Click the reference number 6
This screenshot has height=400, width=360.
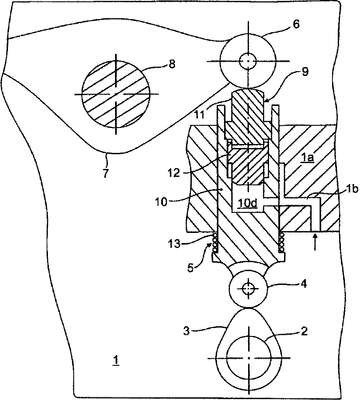point(295,25)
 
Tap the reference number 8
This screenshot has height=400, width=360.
point(172,64)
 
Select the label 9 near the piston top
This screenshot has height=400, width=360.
point(305,72)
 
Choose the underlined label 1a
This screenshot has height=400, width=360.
point(307,159)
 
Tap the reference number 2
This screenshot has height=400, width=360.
point(304,331)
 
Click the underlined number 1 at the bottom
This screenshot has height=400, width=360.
point(116,361)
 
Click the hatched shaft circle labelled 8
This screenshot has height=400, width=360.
point(116,94)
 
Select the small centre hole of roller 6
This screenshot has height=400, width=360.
point(248,61)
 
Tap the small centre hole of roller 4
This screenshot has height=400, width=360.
point(248,289)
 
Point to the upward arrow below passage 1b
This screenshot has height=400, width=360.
point(315,243)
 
